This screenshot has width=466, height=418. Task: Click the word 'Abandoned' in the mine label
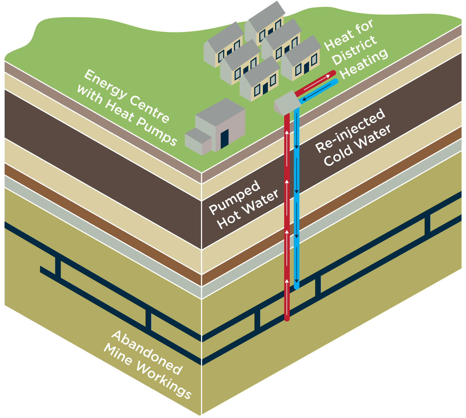tap(146, 353)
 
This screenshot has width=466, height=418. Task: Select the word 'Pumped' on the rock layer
tap(234, 197)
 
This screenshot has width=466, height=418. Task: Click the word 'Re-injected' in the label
tap(350, 131)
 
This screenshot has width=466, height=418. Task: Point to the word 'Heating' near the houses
tap(364, 64)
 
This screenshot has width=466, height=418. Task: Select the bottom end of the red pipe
tap(287, 319)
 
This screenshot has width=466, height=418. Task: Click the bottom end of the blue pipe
tap(296, 286)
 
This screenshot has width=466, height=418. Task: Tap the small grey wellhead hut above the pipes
tap(285, 102)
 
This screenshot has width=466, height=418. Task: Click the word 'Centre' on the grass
tap(149, 109)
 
